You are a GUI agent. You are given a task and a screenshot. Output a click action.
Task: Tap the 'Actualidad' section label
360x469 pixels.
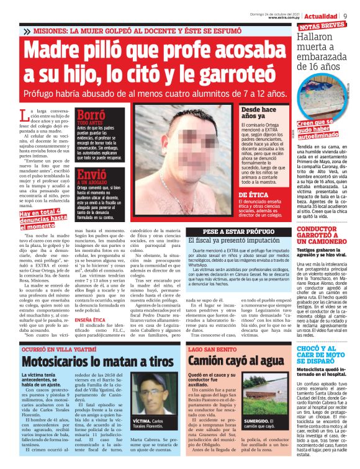[323, 14]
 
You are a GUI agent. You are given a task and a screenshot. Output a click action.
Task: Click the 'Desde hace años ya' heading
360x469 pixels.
[258, 113]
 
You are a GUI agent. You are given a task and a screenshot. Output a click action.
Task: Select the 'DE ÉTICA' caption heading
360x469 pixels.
[254, 195]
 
